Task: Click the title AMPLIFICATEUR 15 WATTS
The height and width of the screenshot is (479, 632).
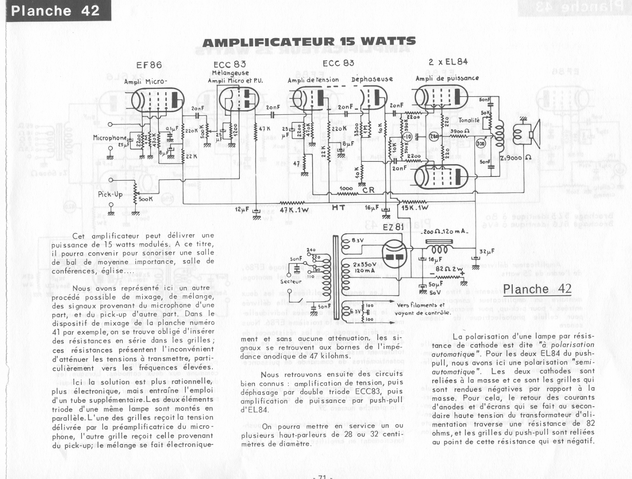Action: click(x=309, y=42)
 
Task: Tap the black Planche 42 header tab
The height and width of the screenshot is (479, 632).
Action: click(x=55, y=11)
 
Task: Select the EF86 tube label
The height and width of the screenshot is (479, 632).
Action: click(x=149, y=65)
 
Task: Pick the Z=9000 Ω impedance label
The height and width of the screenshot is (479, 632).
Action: click(x=515, y=158)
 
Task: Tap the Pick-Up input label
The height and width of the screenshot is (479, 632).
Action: click(x=110, y=194)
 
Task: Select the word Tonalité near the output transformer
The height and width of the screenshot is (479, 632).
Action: click(x=469, y=120)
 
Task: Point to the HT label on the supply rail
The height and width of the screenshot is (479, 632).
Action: click(x=338, y=208)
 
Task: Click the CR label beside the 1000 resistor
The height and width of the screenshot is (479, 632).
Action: click(x=368, y=190)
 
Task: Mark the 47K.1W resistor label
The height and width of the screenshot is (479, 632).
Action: click(x=294, y=210)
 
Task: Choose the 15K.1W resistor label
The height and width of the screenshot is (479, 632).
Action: click(x=415, y=208)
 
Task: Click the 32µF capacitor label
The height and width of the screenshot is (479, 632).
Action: click(x=487, y=252)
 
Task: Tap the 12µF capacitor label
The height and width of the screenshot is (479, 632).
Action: click(x=242, y=209)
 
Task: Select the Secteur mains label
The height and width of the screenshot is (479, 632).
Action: click(x=290, y=282)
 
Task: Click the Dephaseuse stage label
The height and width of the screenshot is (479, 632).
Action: click(x=372, y=79)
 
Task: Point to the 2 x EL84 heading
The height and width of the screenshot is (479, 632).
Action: click(x=448, y=62)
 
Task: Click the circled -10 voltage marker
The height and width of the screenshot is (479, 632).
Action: click(x=407, y=136)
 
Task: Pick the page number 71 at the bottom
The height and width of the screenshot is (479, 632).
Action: click(x=322, y=476)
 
